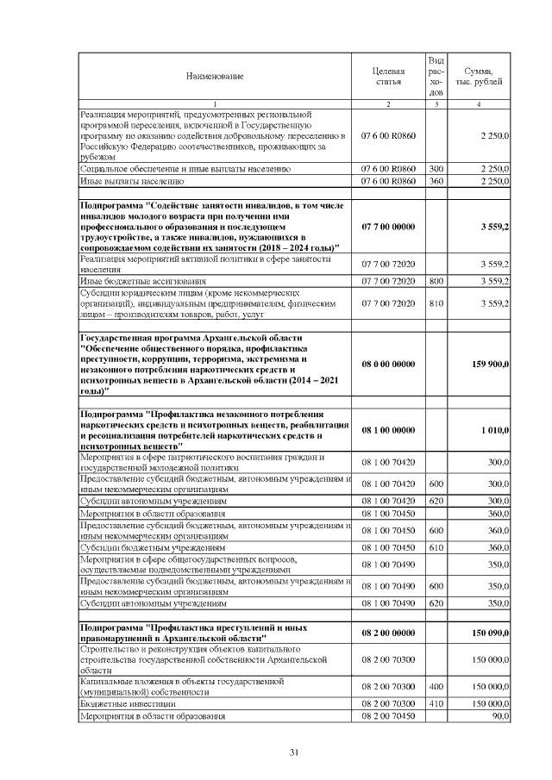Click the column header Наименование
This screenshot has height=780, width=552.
coord(215,77)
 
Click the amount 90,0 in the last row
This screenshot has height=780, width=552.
coord(500,716)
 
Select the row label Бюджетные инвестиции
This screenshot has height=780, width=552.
coord(128,704)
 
